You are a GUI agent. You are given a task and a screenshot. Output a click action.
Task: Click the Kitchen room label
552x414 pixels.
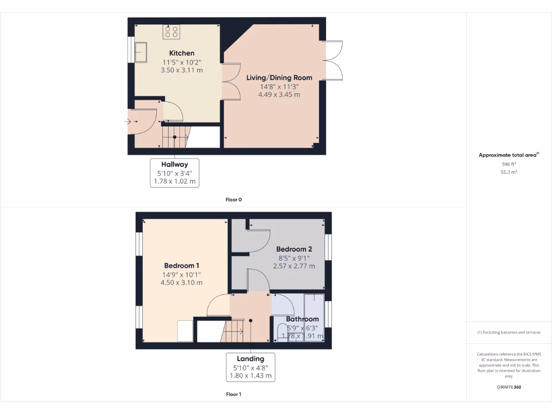182,53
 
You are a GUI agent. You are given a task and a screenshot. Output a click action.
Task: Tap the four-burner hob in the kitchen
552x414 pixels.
172,32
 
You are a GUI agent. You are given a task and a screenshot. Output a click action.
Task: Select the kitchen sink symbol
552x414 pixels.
141,52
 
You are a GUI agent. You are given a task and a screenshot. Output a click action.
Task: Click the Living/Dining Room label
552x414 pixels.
279,78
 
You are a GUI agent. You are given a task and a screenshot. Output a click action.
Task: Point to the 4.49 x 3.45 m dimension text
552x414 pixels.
279,94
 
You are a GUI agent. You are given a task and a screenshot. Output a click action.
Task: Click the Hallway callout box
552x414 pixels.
174,172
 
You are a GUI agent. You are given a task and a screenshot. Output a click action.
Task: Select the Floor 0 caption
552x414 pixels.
233,199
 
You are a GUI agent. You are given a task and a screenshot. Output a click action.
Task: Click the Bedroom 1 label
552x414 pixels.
182,266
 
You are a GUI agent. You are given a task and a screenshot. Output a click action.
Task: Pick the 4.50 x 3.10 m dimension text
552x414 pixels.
182,282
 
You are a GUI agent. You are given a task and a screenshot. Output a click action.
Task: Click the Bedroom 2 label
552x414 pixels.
294,249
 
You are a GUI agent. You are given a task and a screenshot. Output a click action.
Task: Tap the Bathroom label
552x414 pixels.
302,319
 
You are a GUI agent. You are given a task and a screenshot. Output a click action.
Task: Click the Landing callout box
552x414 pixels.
251,367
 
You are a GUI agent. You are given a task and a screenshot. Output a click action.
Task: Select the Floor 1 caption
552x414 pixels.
233,394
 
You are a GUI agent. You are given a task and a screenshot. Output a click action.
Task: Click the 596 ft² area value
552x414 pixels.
509,164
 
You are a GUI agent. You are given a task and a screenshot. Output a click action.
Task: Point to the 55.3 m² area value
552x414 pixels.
509,172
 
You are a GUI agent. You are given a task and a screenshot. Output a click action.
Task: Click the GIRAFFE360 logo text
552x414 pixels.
509,387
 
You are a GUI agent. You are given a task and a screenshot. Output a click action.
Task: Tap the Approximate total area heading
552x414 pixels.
508,155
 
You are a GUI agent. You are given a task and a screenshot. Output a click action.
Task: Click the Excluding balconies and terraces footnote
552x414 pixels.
509,333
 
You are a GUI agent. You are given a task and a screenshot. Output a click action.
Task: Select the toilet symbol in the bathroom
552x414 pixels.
282,330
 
